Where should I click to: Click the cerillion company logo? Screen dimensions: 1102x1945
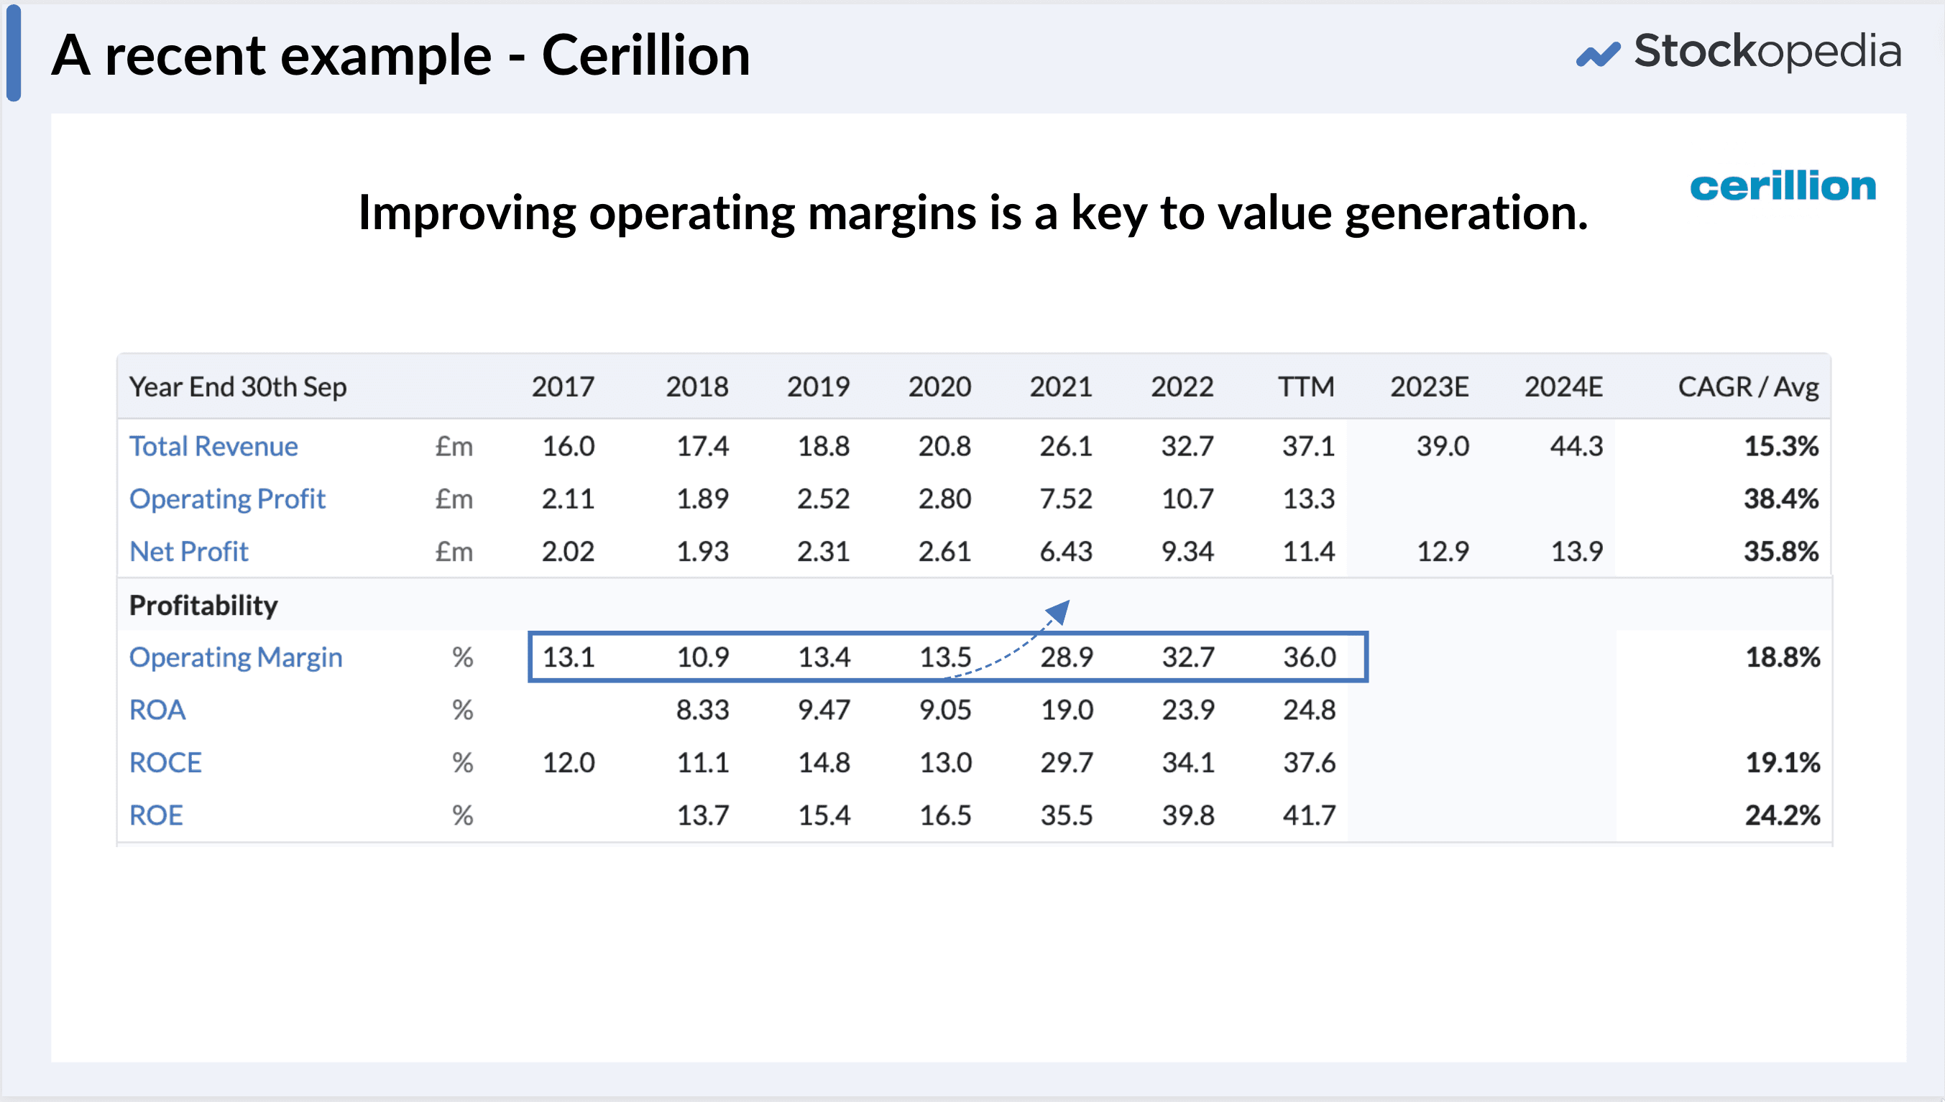(x=1783, y=186)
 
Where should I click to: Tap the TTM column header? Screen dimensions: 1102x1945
(x=1306, y=386)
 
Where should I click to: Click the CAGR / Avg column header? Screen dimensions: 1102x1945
(x=1747, y=386)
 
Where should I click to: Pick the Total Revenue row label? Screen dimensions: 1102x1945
(x=213, y=446)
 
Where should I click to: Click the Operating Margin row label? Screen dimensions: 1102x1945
(x=236, y=657)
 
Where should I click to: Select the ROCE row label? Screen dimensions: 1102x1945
(x=165, y=762)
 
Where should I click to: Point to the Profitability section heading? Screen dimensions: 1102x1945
(x=203, y=605)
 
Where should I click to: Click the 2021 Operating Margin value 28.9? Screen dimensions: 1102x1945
(x=1066, y=657)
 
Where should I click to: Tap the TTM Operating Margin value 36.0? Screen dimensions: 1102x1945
(x=1309, y=657)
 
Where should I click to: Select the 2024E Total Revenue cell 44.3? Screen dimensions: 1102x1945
(x=1576, y=446)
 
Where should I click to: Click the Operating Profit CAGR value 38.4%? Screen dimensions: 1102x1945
(x=1780, y=499)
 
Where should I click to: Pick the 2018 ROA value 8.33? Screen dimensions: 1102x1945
(x=702, y=710)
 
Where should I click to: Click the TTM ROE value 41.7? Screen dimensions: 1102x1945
(x=1309, y=815)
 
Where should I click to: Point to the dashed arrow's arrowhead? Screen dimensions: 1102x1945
(x=1059, y=610)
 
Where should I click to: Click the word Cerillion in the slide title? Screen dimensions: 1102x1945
(x=645, y=56)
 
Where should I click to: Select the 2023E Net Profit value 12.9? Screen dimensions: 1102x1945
(x=1443, y=551)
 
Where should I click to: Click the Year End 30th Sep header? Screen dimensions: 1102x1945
(x=238, y=386)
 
